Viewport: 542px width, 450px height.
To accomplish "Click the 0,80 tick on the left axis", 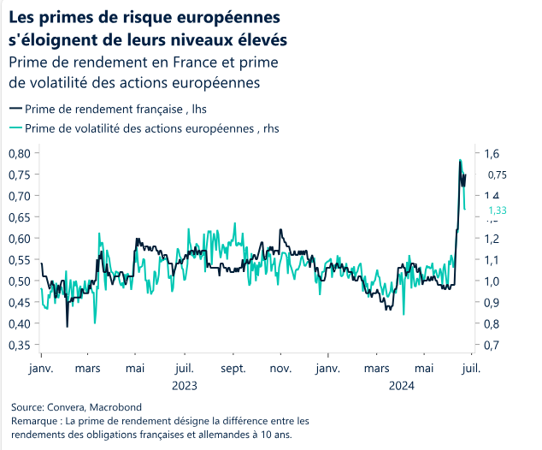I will click(x=19, y=153).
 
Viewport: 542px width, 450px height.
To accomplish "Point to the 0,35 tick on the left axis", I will click(x=19, y=346).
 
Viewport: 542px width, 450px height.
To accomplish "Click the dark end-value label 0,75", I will click(x=498, y=175).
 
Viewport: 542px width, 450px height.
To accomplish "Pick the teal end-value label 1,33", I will click(x=498, y=210).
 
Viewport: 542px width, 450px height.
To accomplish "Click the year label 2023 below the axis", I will click(x=185, y=385).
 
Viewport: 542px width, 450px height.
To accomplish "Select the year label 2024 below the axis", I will click(x=401, y=385).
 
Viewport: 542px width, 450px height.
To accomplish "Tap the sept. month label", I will click(x=233, y=369).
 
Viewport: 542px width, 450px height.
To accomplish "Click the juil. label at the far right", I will click(x=471, y=369).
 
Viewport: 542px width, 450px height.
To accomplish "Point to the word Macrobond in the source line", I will click(x=114, y=408).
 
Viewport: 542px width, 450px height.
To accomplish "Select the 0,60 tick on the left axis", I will click(x=19, y=239).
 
